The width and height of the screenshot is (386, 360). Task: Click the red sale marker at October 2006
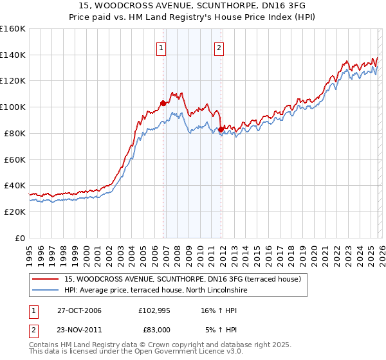click(163, 102)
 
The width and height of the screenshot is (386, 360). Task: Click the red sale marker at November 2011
click(221, 129)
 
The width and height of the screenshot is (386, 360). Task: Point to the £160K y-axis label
click(13, 29)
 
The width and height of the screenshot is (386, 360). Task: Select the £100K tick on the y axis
click(13, 107)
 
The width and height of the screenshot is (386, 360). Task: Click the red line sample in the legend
click(46, 278)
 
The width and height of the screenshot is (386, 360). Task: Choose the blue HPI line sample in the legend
click(46, 290)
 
